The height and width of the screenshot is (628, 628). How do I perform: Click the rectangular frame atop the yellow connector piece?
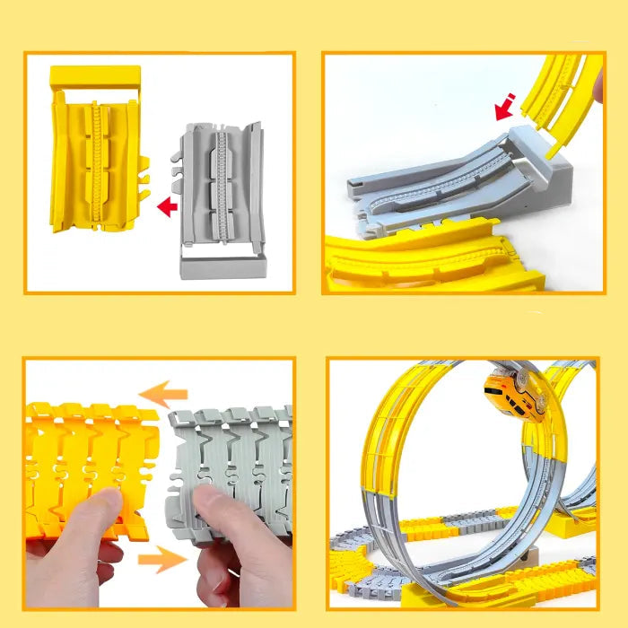click(x=93, y=79)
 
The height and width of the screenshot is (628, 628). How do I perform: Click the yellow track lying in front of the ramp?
click(x=431, y=260)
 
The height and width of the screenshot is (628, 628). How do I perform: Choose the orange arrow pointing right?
click(x=162, y=560)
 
